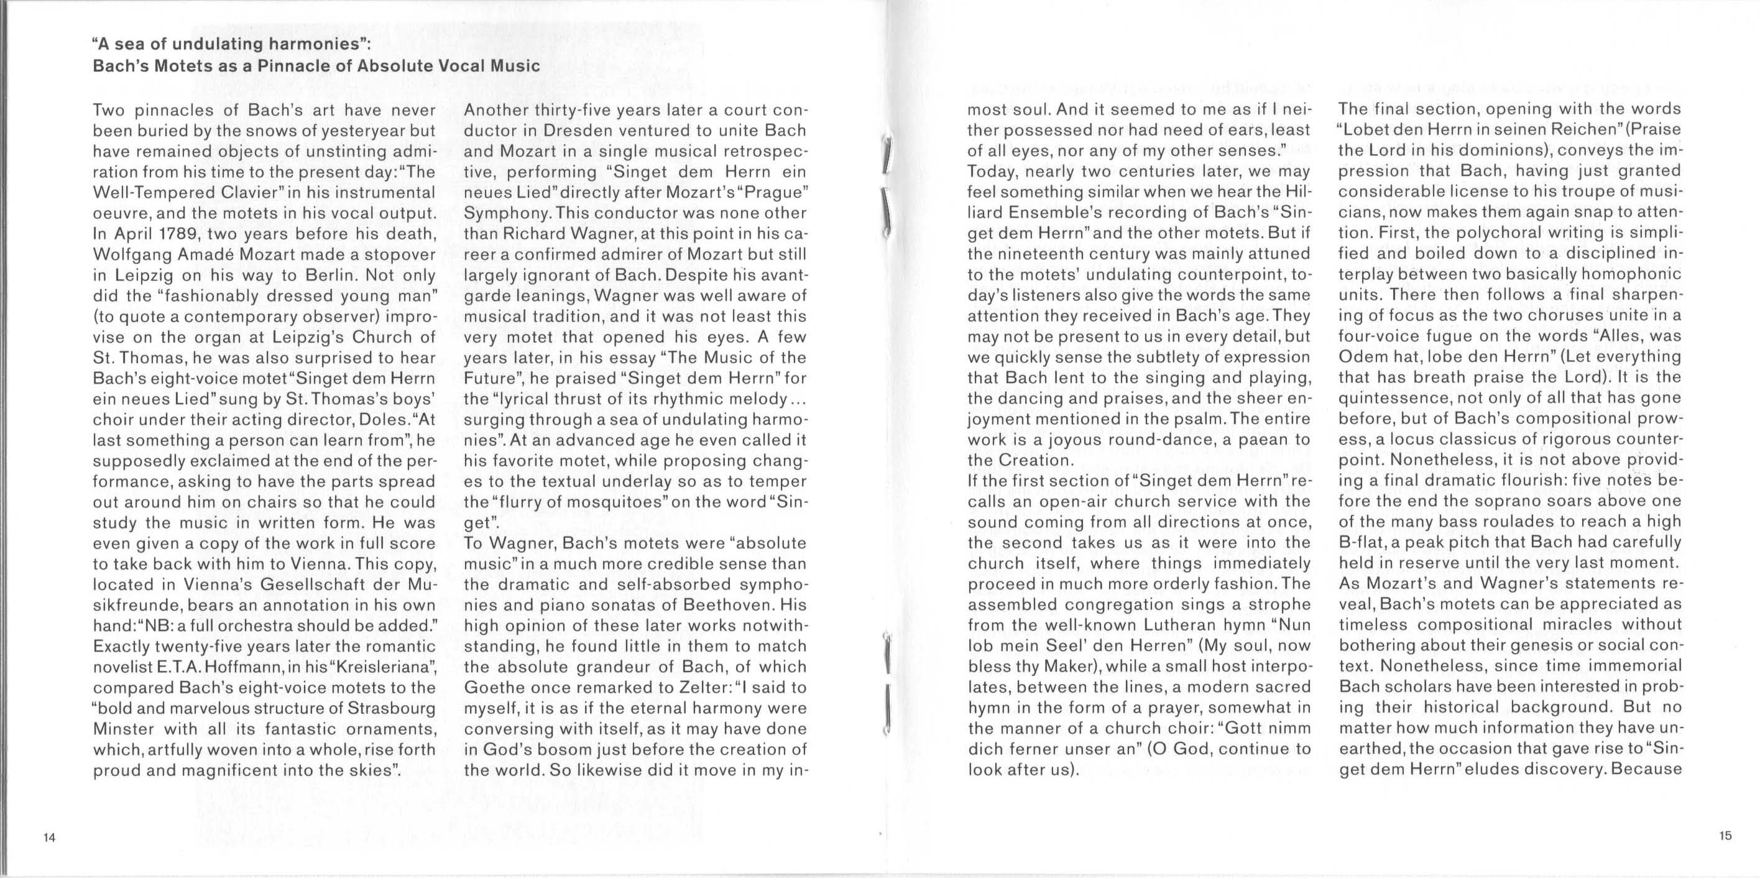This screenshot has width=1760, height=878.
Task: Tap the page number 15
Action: pos(1726,835)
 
